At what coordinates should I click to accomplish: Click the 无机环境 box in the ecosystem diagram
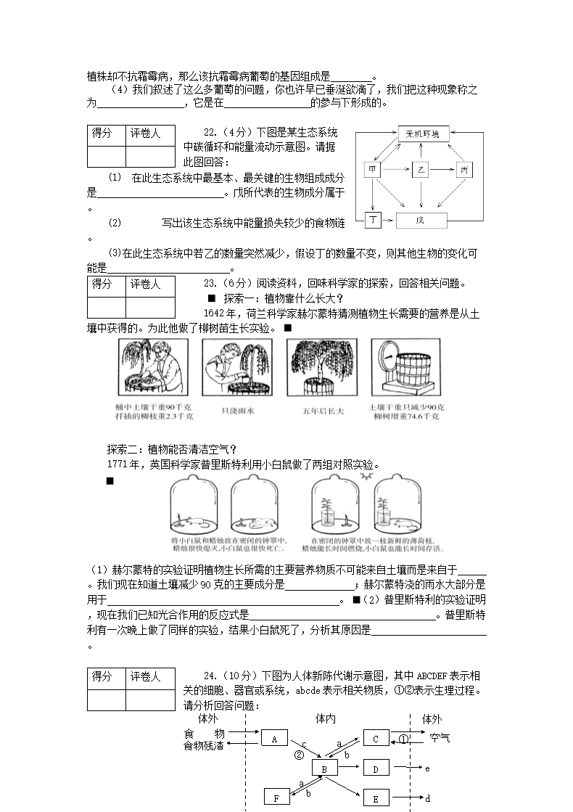coord(424,134)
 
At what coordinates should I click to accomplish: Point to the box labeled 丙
coord(463,170)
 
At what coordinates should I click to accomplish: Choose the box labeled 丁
coord(373,219)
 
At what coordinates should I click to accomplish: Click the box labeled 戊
coord(421,220)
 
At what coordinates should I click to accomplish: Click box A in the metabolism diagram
coord(274,739)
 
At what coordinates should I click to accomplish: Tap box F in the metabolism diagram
coord(276,798)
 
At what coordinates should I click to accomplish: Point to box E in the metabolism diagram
coord(376,798)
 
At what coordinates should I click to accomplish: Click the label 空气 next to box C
coord(439,738)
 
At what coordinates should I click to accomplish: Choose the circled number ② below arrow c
coord(299,755)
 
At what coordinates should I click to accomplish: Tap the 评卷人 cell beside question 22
coord(151,134)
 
